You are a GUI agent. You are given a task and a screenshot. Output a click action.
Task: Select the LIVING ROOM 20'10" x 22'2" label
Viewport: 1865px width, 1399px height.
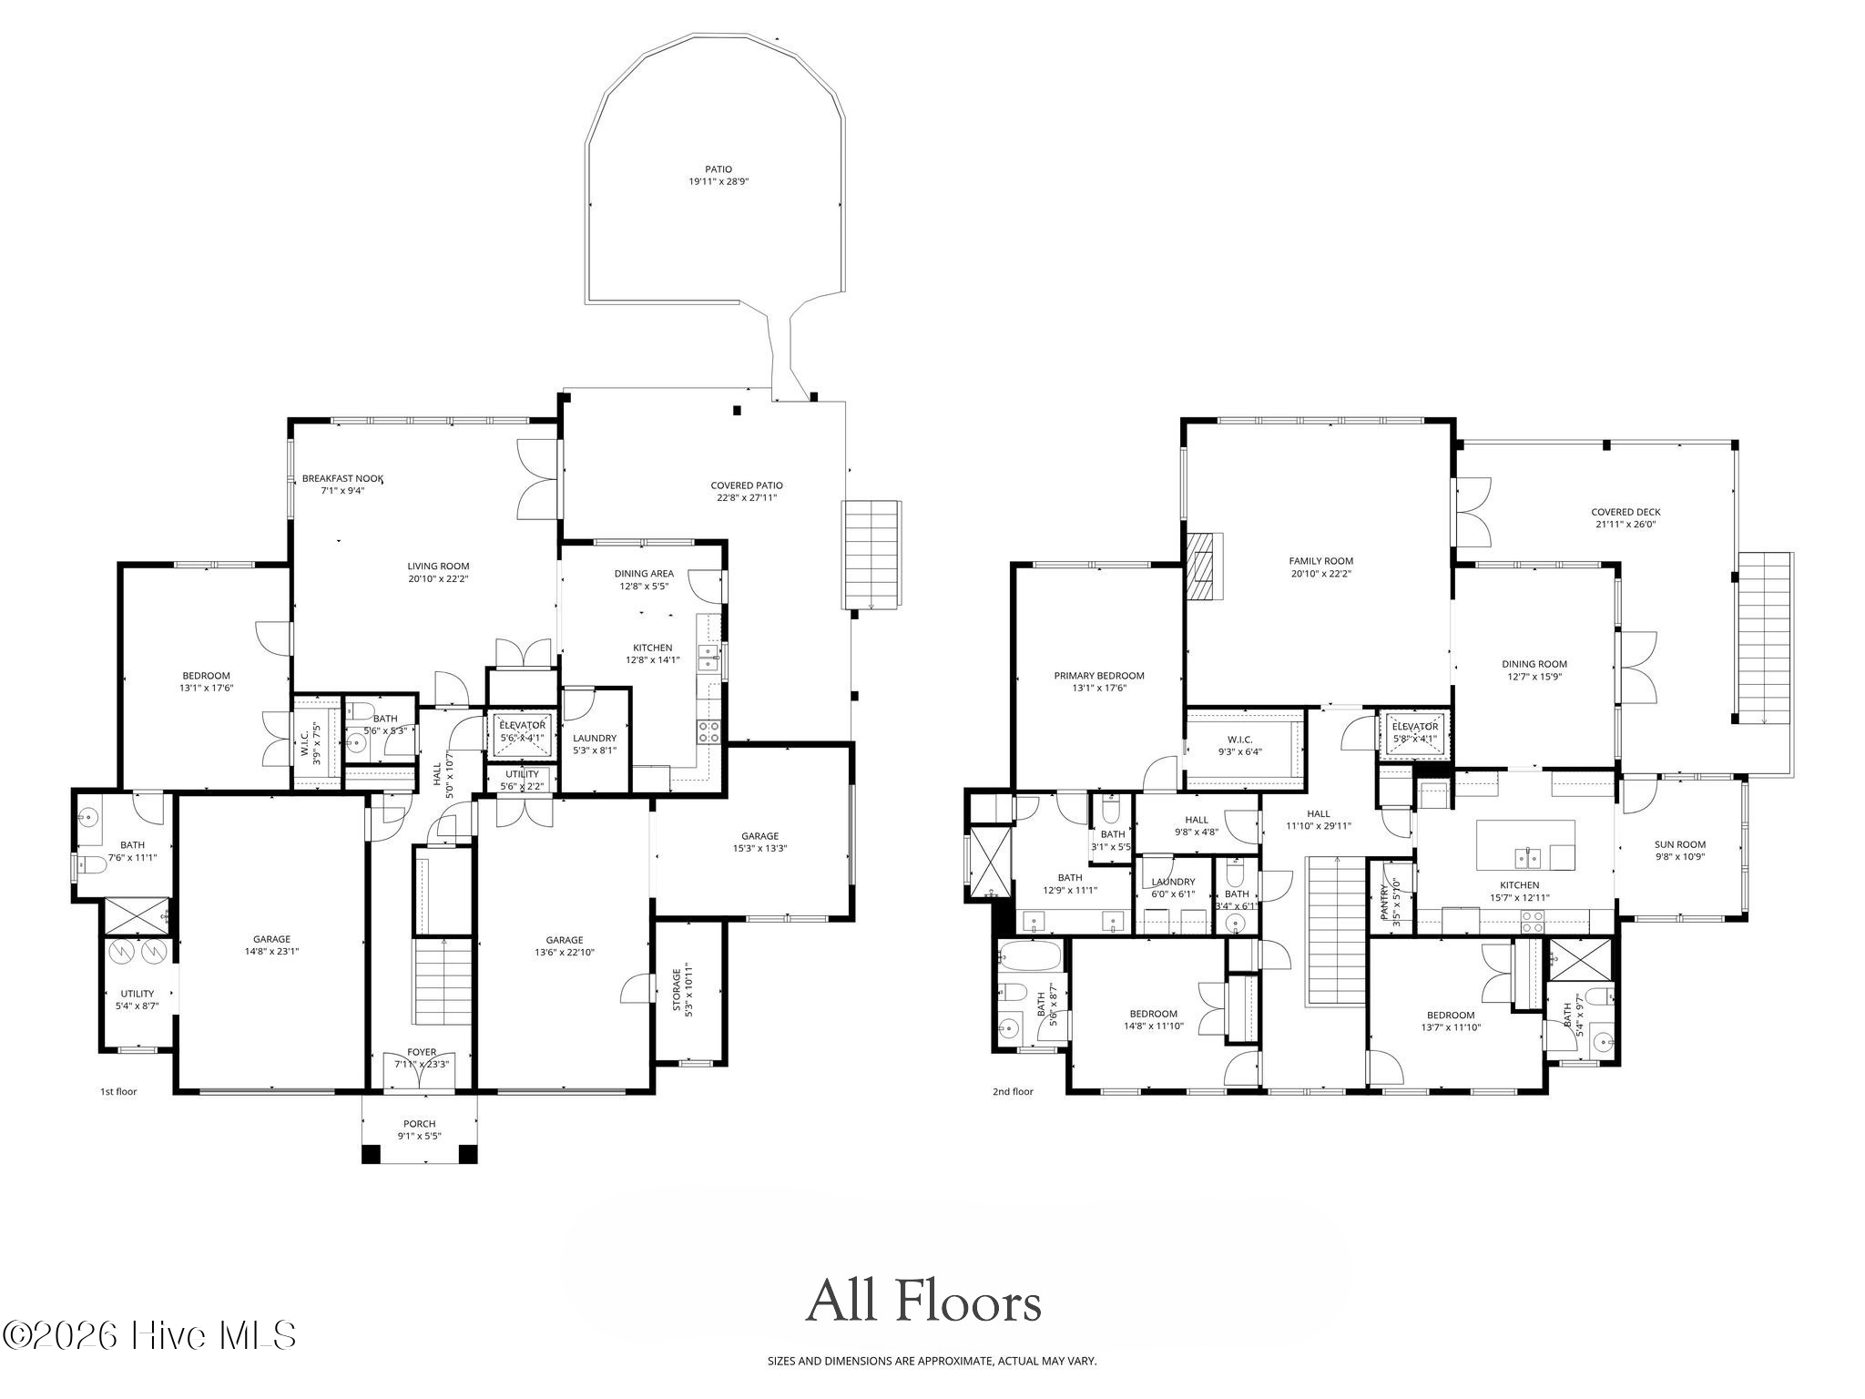click(x=438, y=572)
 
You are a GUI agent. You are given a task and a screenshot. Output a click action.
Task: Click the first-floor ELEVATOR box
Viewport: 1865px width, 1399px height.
click(x=522, y=732)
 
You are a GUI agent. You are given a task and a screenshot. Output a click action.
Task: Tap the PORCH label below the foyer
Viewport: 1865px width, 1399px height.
click(x=419, y=1129)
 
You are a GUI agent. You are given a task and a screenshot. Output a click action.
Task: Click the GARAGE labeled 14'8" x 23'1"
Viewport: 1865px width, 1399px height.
click(x=271, y=945)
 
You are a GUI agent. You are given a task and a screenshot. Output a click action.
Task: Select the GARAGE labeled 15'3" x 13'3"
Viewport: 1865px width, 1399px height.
click(x=759, y=842)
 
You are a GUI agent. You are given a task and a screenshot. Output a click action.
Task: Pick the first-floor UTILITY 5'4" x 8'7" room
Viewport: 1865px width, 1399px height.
click(x=138, y=999)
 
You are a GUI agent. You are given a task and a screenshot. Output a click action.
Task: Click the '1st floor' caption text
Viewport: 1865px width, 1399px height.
click(x=118, y=1091)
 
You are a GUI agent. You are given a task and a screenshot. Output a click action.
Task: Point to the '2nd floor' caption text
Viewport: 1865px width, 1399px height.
click(x=1013, y=1091)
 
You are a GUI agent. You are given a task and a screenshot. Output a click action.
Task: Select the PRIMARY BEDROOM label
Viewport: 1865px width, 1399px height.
click(x=1098, y=681)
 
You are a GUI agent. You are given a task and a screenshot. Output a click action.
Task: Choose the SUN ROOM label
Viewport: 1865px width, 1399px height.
click(x=1679, y=850)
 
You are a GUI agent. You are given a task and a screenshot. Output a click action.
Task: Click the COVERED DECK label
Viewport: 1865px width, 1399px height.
click(x=1626, y=517)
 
